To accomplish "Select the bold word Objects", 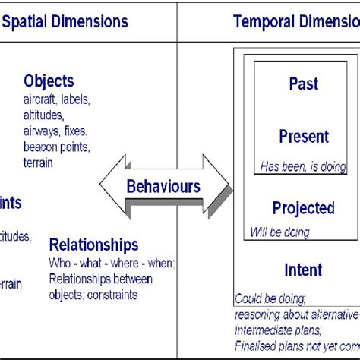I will click(49, 81).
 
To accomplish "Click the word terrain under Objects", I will click(39, 163).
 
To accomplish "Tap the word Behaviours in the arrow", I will click(163, 186).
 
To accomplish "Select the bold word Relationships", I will click(93, 245).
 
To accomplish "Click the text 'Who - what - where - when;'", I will click(112, 263).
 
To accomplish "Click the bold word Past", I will click(304, 84).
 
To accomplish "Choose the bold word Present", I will click(304, 137).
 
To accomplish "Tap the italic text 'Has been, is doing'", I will click(303, 167).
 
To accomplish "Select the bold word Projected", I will click(303, 208).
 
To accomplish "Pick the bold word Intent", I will click(303, 270).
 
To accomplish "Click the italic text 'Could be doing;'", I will click(271, 298).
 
